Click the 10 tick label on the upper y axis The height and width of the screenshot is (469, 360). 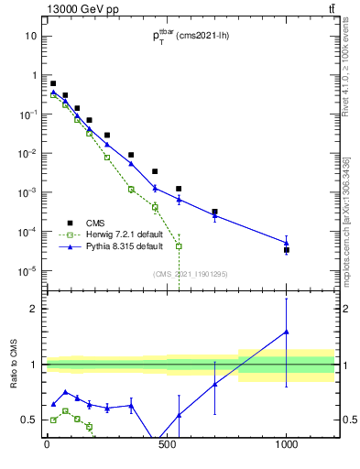[x=31, y=36]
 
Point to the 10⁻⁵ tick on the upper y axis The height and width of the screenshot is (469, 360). [x=29, y=270]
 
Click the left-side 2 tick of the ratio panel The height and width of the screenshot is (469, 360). [x=38, y=309]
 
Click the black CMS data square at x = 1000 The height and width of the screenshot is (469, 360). [x=287, y=249]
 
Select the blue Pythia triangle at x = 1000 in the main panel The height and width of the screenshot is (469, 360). [x=287, y=243]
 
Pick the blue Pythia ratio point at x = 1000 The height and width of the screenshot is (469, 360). [x=287, y=332]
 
